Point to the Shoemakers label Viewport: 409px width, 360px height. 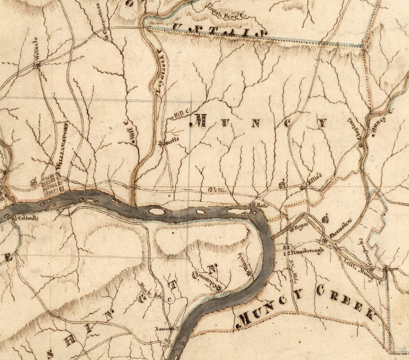point(341,229)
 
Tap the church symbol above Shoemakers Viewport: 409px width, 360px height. point(325,219)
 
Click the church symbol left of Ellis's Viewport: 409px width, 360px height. point(282,184)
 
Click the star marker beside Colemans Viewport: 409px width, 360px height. point(219,289)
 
